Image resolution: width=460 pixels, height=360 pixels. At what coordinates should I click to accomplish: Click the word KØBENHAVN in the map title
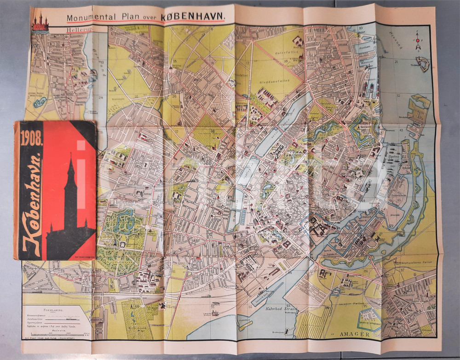193,17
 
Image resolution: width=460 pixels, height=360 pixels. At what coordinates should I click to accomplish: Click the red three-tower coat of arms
40,21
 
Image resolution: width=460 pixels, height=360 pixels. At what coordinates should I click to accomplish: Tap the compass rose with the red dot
418,40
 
